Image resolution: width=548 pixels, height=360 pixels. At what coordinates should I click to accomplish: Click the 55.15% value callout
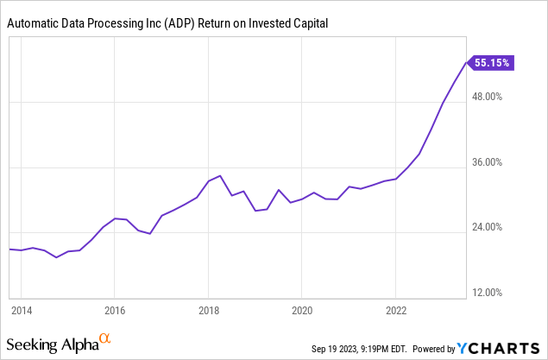click(493, 62)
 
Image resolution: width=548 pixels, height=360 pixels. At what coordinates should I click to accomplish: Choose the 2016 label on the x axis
click(115, 309)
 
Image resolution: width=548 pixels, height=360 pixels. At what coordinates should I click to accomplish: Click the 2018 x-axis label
click(208, 309)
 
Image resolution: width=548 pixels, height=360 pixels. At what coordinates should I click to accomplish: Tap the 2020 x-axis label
click(302, 309)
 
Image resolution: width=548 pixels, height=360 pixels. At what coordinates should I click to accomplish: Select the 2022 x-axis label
click(395, 309)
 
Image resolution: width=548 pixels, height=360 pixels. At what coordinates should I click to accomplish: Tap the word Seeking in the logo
click(35, 345)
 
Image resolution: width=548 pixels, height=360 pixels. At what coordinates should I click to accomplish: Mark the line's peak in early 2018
click(220, 176)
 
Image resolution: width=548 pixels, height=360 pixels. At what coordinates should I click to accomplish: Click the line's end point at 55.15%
click(467, 62)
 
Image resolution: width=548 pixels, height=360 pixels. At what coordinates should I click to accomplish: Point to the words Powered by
click(435, 349)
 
